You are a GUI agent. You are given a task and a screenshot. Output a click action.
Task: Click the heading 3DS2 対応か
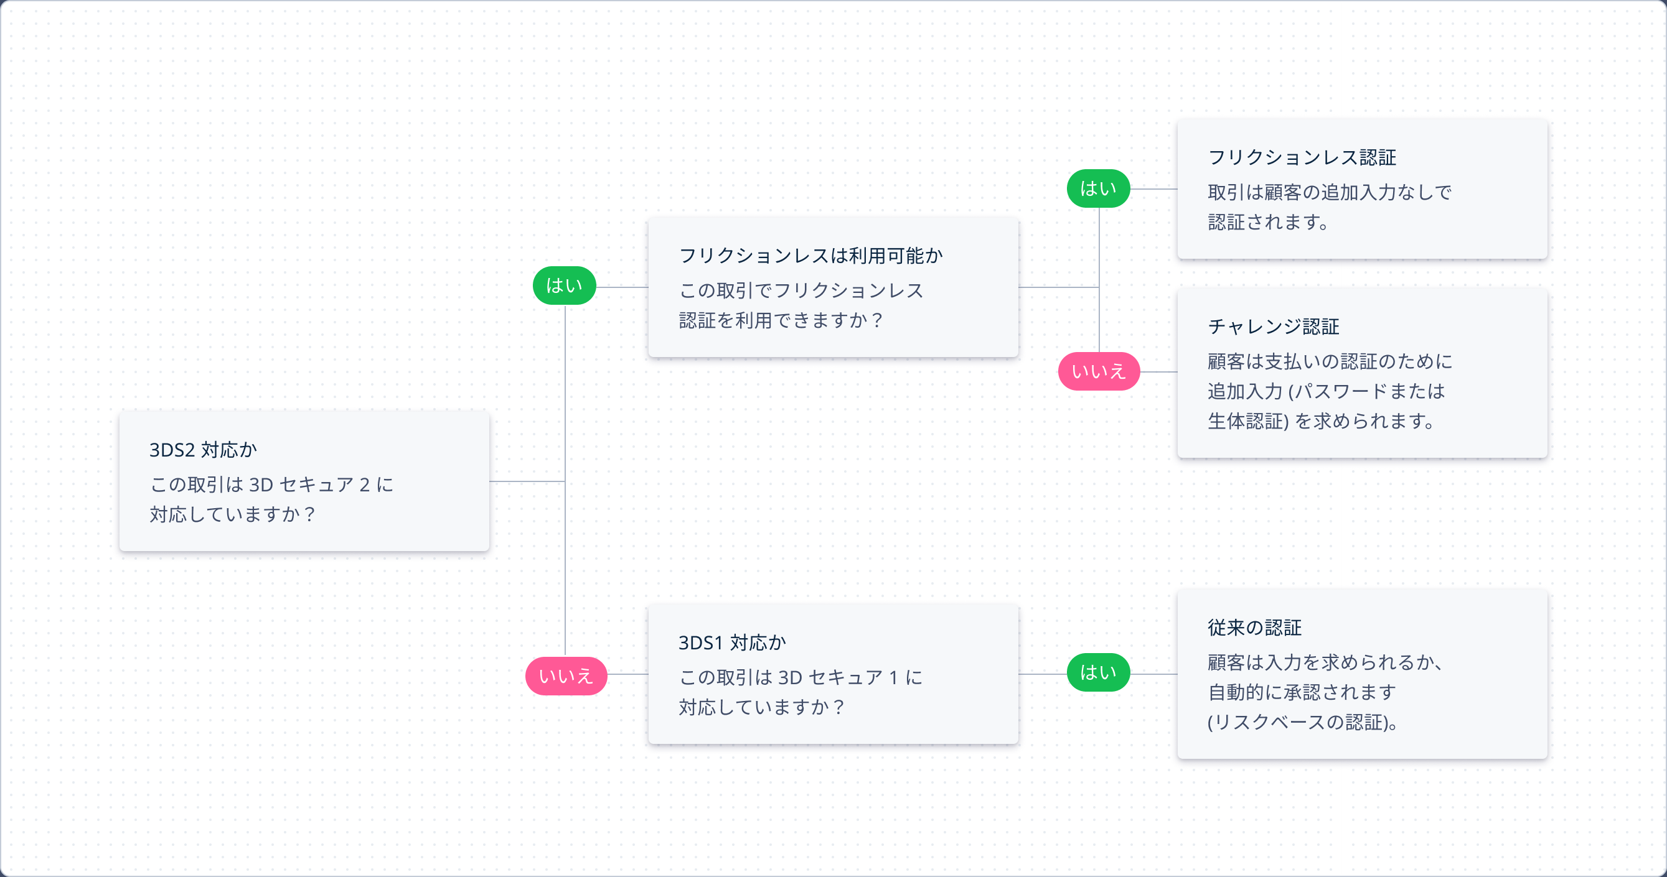pos(203,450)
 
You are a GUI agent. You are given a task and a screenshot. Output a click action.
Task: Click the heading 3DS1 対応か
pos(732,643)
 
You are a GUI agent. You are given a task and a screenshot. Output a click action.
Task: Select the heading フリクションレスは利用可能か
pos(810,256)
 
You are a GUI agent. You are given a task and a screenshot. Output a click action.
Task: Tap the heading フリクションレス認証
pos(1302,157)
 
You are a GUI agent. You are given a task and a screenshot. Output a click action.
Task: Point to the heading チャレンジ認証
pos(1273,327)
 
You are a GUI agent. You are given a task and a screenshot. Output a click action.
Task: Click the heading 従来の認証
pos(1254,628)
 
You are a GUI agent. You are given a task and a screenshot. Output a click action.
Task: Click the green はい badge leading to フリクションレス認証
pos(1098,189)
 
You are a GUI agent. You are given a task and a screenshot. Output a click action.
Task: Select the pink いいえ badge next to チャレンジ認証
pos(1098,371)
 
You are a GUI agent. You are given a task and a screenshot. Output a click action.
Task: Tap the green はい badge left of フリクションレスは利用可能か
pos(563,286)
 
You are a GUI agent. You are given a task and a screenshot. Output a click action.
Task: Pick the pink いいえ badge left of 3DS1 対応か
pos(566,676)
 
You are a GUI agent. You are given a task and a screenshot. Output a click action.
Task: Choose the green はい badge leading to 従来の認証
pos(1098,672)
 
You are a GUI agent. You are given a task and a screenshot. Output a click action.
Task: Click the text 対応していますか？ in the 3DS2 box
pos(232,514)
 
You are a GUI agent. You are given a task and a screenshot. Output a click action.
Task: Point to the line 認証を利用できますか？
pos(781,320)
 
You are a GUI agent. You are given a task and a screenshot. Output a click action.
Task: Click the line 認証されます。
pos(1269,222)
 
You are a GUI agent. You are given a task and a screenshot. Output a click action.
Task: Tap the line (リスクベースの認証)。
pos(1303,722)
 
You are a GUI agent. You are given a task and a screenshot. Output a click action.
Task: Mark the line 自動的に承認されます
pos(1302,692)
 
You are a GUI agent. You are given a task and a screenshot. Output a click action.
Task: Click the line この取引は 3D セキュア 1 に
pos(800,677)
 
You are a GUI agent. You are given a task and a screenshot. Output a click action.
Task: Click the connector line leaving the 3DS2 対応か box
pos(526,481)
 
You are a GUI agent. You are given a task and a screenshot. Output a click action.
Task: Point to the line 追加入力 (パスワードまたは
pos(1326,391)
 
